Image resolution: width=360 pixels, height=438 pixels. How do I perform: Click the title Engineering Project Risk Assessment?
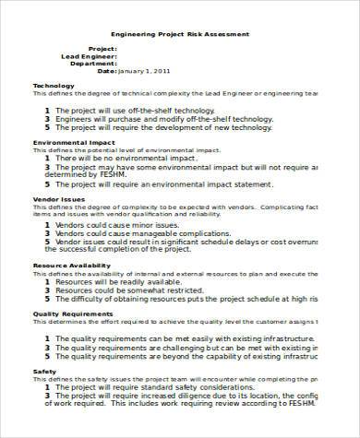click(180, 34)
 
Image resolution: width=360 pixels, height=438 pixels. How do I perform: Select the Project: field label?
click(102, 48)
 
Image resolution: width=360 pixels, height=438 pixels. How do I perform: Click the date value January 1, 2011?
click(146, 70)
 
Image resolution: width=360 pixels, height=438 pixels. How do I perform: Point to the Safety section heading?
click(44, 372)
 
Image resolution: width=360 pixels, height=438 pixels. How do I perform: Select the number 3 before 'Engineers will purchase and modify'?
click(45, 119)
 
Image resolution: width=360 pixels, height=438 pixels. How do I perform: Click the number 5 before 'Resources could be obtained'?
click(45, 301)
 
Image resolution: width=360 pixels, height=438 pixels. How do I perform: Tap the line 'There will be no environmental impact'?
click(139, 158)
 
